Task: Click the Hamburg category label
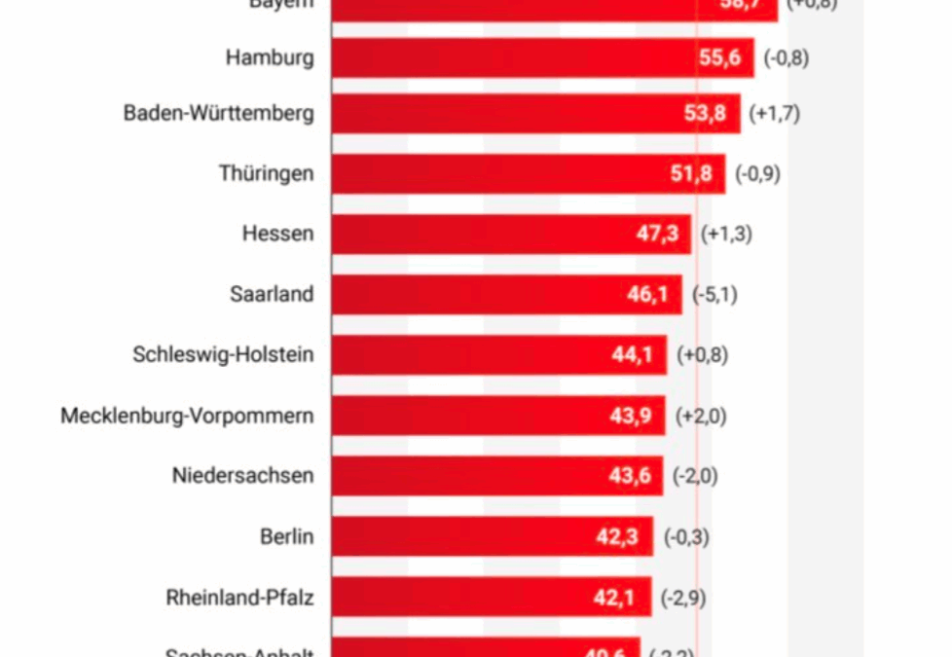point(270,57)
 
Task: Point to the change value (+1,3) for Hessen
point(726,234)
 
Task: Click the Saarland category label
point(272,294)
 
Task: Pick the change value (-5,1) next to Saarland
point(714,294)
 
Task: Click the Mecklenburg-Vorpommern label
point(187,416)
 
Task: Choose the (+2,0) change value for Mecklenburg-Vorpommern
point(701,416)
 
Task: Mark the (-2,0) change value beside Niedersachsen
point(698,476)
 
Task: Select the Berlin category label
point(286,536)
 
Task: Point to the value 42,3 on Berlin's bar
point(616,536)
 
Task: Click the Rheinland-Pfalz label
point(239,598)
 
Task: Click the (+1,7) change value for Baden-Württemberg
point(775,114)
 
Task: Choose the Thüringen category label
point(266,174)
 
